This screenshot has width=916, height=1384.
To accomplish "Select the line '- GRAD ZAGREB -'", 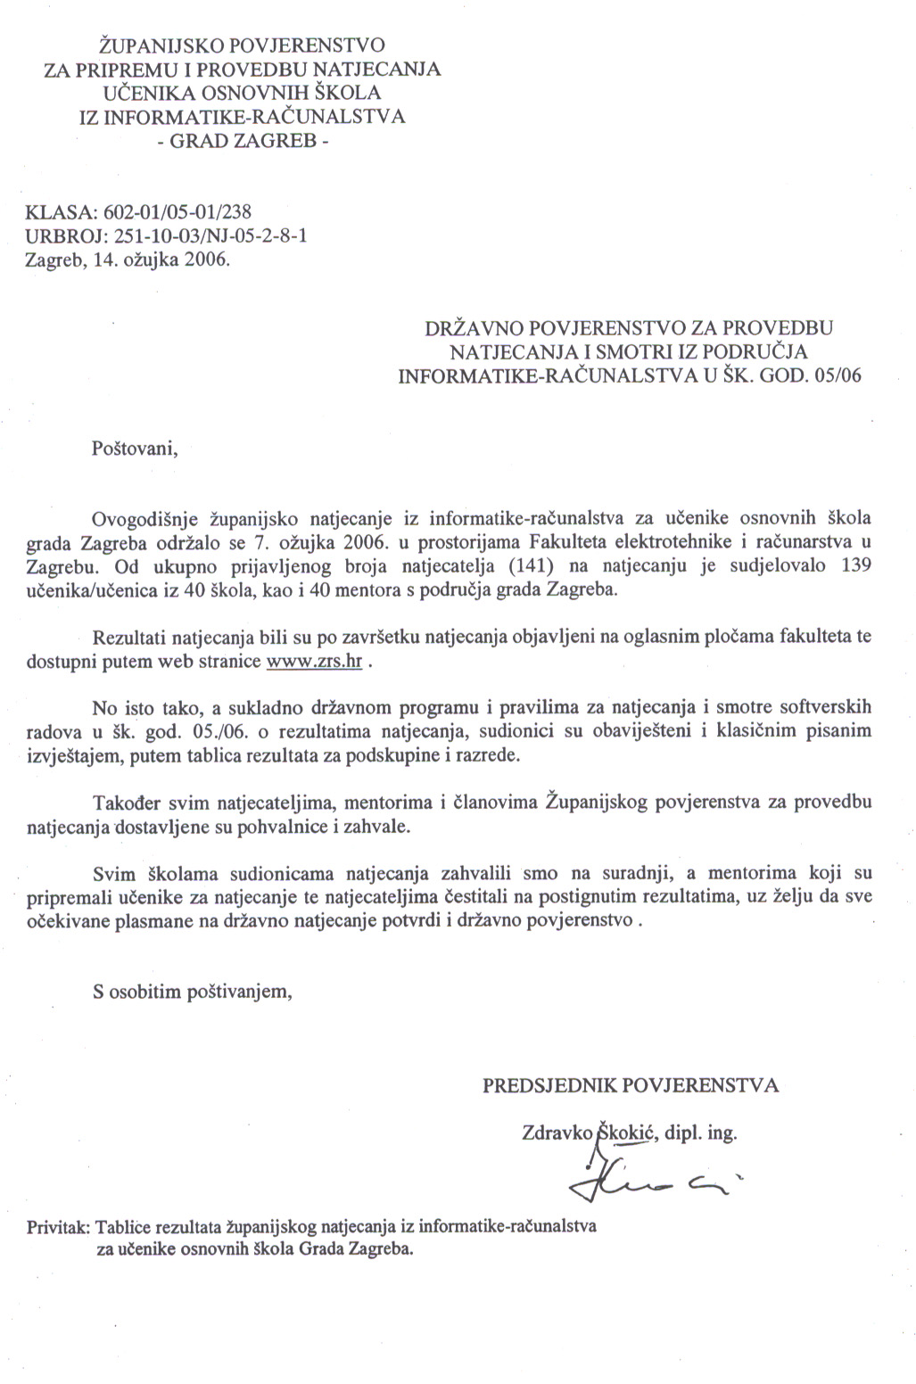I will (242, 141).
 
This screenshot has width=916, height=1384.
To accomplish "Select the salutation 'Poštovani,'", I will (136, 448).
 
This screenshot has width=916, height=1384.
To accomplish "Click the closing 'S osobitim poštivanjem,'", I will (193, 991).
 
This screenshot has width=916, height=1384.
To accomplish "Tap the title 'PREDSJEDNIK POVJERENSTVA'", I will (631, 1085).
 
